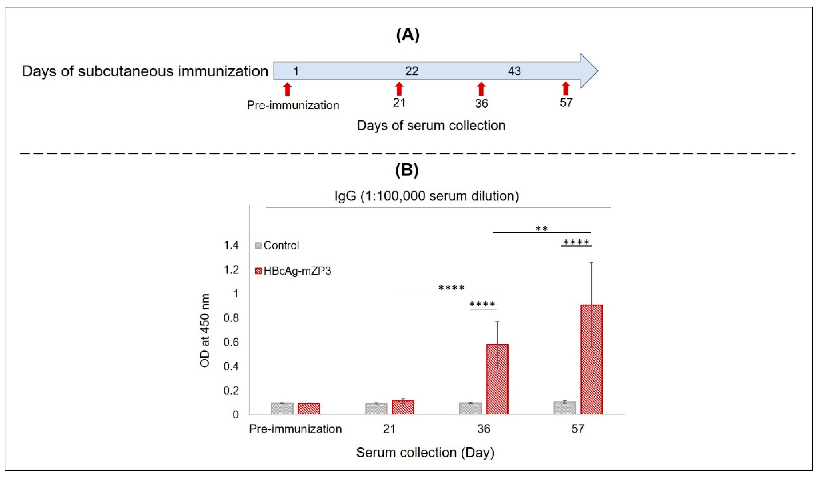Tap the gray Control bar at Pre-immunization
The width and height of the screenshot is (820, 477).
pyautogui.click(x=282, y=409)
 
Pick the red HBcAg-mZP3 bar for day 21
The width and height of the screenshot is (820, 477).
pyautogui.click(x=403, y=407)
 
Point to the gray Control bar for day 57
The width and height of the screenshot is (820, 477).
pyautogui.click(x=564, y=408)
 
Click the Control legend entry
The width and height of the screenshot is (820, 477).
pyautogui.click(x=277, y=246)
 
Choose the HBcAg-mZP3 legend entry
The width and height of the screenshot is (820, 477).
pyautogui.click(x=293, y=271)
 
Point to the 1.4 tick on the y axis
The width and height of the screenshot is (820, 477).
pyautogui.click(x=231, y=245)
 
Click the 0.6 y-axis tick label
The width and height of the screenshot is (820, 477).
pyautogui.click(x=231, y=342)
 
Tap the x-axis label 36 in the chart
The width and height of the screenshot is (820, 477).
pyautogui.click(x=484, y=429)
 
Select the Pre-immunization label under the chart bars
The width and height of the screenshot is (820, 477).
pyautogui.click(x=295, y=429)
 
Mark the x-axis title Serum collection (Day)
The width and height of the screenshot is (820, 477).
pyautogui.click(x=425, y=453)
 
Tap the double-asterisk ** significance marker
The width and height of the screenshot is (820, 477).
pyautogui.click(x=542, y=229)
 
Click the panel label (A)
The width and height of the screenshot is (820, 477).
pyautogui.click(x=408, y=35)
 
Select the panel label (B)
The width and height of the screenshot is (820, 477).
pyautogui.click(x=407, y=169)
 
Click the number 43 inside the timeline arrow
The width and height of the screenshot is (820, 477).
pyautogui.click(x=514, y=71)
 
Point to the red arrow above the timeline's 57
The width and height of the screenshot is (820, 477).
pyautogui.click(x=566, y=88)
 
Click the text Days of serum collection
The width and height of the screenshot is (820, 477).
pyautogui.click(x=431, y=125)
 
